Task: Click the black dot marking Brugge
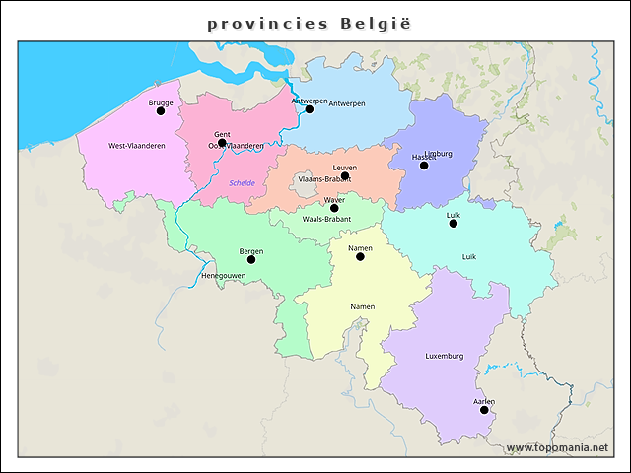tap(161, 111)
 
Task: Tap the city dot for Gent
tap(222, 143)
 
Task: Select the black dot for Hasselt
tap(424, 166)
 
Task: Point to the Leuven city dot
tap(345, 176)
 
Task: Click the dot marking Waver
tap(334, 208)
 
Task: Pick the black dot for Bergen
tap(250, 259)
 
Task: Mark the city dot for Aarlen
tap(484, 410)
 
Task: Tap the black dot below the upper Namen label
tap(360, 256)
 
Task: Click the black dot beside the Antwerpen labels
tap(309, 108)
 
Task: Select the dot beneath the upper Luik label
tap(454, 224)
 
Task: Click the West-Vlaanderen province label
tap(137, 146)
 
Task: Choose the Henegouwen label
tap(223, 275)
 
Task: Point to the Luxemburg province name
tap(444, 356)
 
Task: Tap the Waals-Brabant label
tap(326, 219)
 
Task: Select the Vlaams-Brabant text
tap(323, 179)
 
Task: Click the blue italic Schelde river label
tap(242, 183)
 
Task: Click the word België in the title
tap(375, 23)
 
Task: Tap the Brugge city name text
tap(161, 102)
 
